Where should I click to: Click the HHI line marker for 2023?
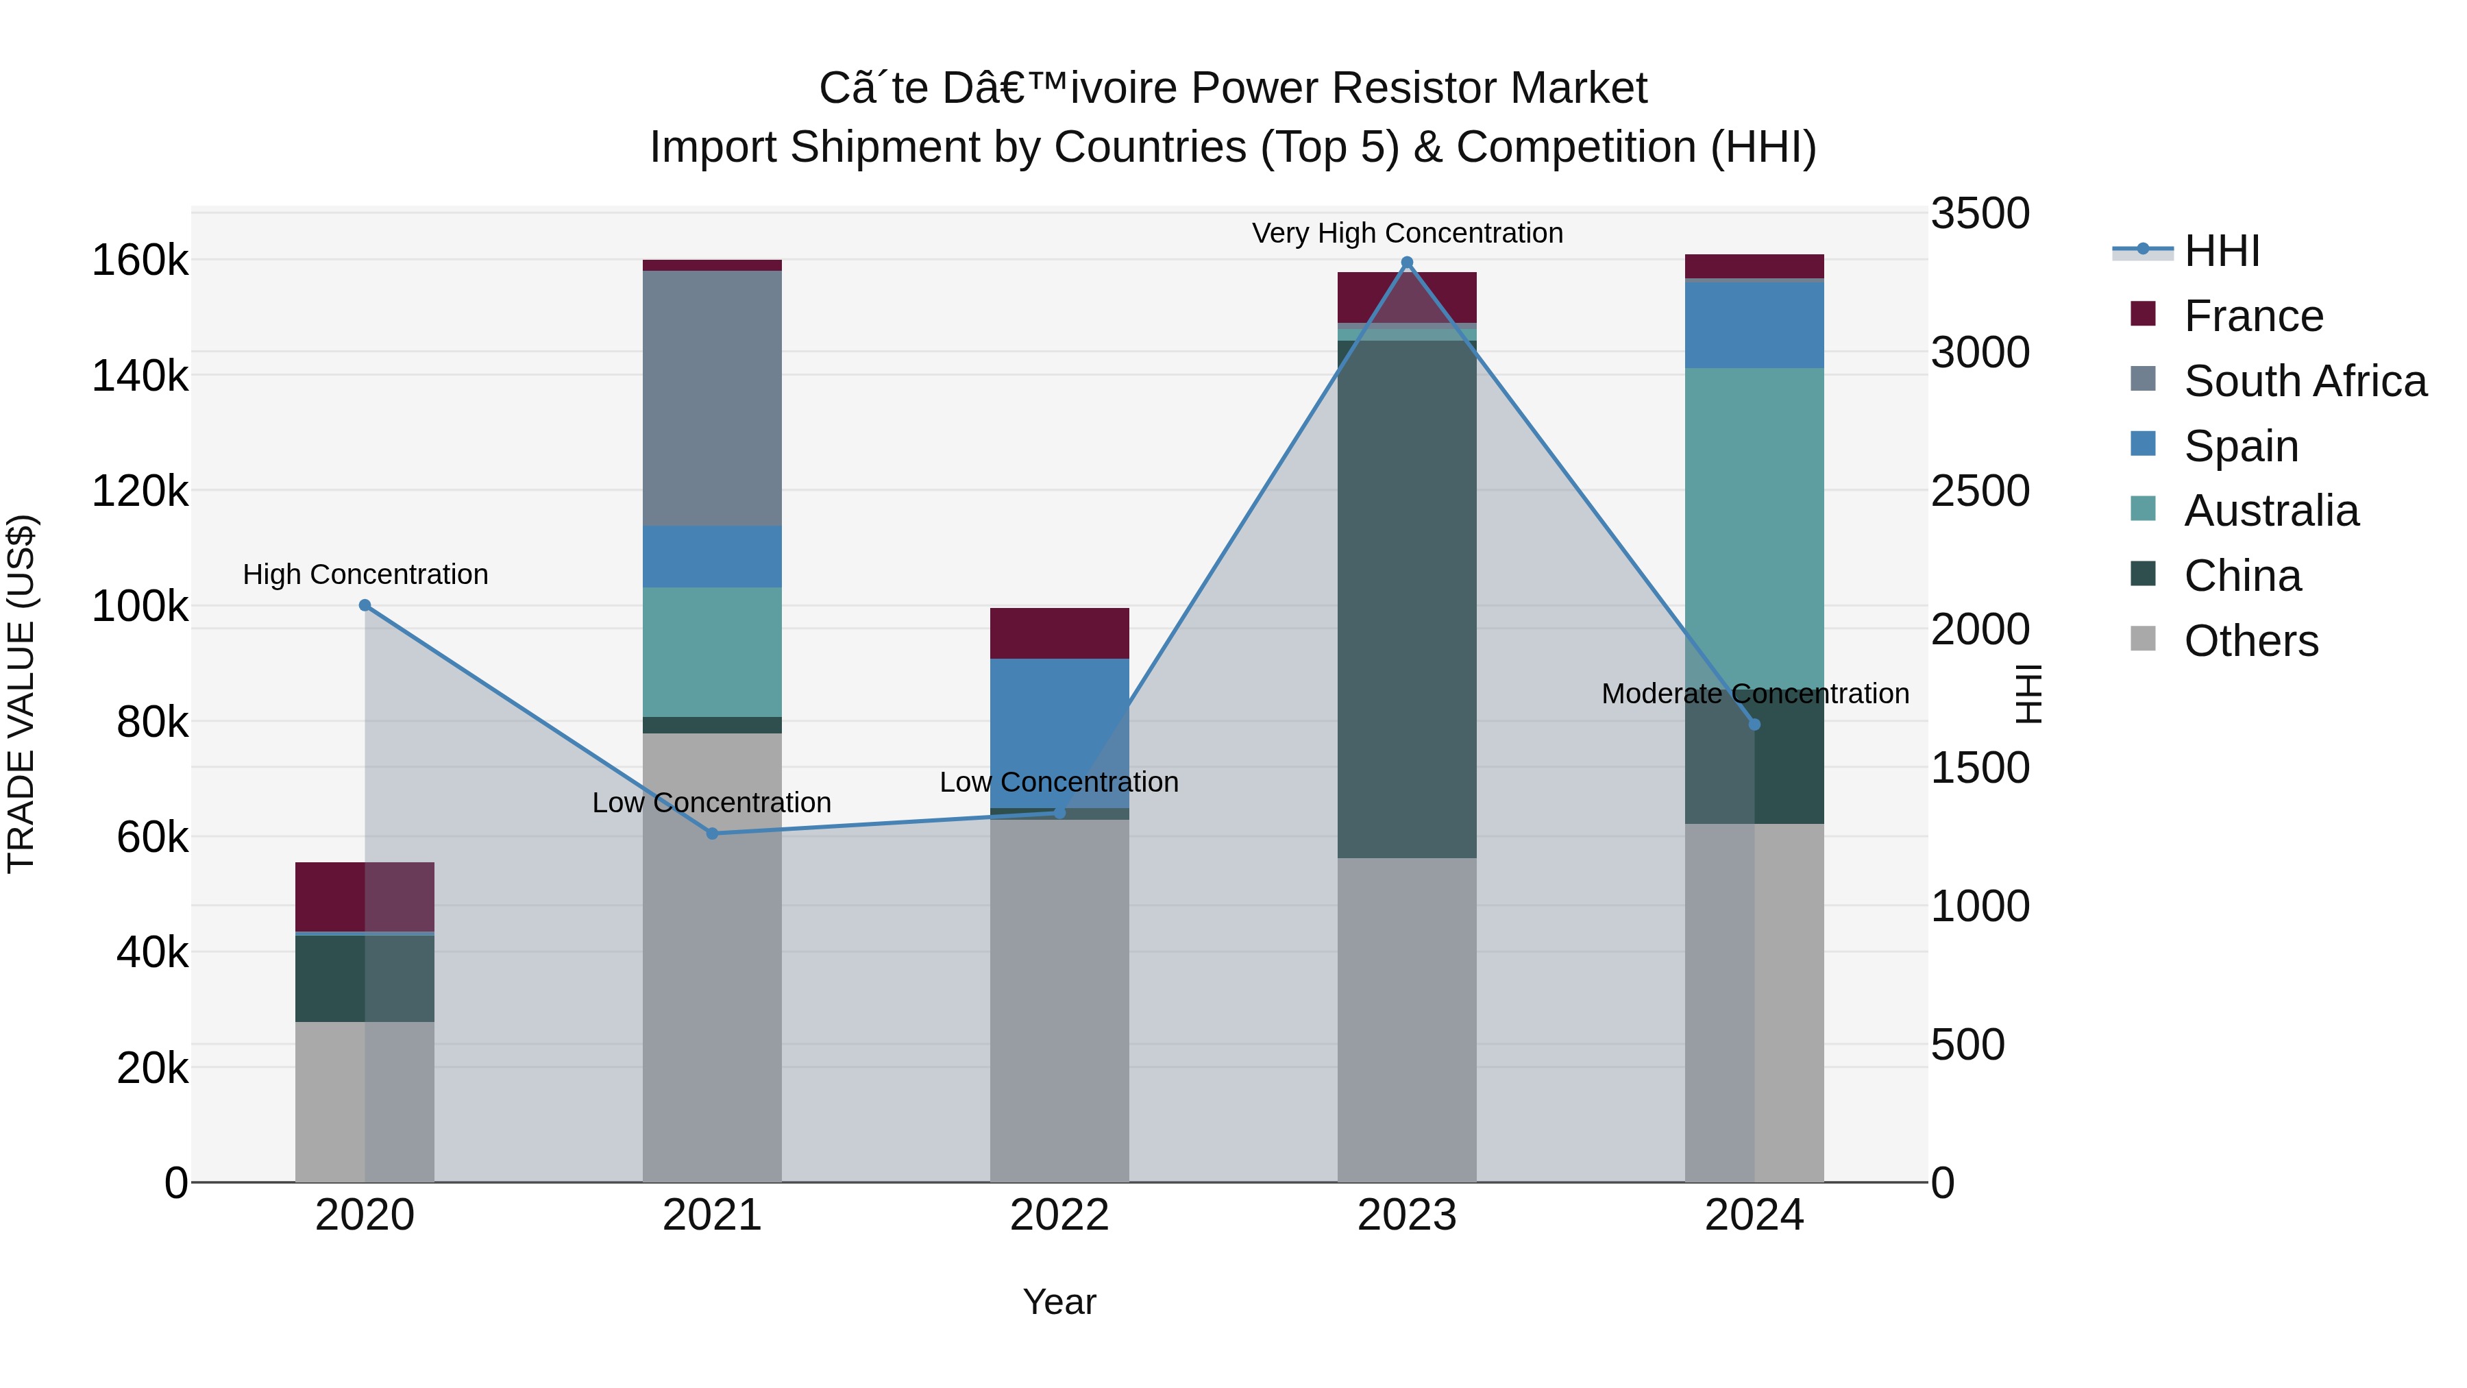point(1407,263)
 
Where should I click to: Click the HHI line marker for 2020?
point(365,605)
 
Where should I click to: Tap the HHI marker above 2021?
point(711,833)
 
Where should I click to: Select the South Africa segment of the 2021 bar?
point(711,398)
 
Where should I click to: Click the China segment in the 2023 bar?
point(1407,598)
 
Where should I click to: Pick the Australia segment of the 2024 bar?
point(1754,527)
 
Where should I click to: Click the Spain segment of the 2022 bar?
point(1059,733)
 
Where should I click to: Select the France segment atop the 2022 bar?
point(1059,633)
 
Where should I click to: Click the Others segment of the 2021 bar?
point(711,958)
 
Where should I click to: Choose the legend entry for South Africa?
point(2304,381)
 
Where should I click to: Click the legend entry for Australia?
point(2271,511)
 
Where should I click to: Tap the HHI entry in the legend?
point(2221,251)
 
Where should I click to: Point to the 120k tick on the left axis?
point(140,491)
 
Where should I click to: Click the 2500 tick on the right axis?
point(1978,491)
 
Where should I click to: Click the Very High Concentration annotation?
point(1407,233)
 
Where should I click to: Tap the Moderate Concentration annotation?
point(1754,694)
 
